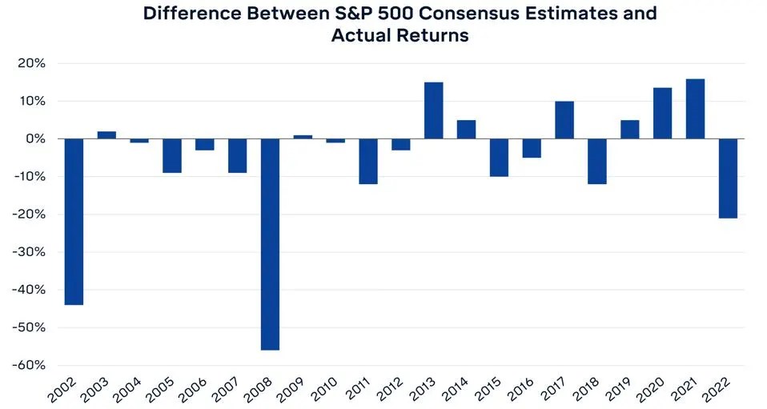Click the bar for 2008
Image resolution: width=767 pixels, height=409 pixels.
(270, 244)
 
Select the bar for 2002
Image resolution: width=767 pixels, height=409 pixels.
(74, 222)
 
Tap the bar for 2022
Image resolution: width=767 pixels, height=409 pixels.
(728, 178)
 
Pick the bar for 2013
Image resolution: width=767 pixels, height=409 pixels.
(433, 110)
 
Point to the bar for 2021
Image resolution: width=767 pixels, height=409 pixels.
(695, 109)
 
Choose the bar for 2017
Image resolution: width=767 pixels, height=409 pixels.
(564, 120)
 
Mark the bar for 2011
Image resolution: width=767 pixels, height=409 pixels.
(368, 162)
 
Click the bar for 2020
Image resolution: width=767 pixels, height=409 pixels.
(662, 113)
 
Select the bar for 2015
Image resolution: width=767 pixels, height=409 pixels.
(499, 158)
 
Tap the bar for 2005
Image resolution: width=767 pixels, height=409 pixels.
(172, 156)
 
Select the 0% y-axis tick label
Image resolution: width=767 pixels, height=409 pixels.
(37, 139)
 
